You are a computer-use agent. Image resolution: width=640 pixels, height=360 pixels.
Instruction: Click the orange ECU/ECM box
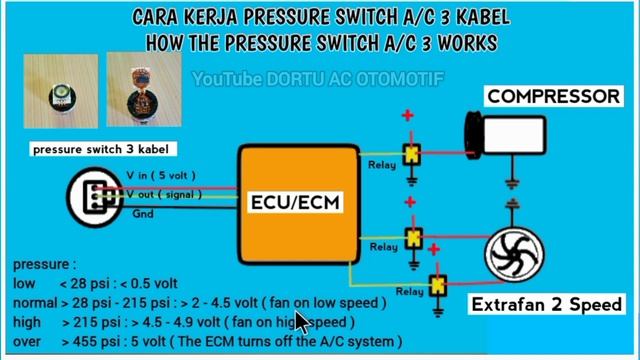tap(297, 203)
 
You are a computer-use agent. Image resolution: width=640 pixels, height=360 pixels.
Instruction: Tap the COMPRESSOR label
tap(552, 97)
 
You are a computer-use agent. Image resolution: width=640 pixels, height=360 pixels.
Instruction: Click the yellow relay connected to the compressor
tap(411, 156)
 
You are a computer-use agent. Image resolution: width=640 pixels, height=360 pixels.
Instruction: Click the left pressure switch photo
tap(59, 98)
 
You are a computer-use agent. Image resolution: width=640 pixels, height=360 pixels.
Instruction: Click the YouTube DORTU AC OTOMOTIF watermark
tap(318, 78)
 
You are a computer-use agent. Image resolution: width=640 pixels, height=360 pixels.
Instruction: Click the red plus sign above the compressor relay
tap(407, 117)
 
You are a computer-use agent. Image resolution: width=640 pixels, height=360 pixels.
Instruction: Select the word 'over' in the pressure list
tap(27, 341)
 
